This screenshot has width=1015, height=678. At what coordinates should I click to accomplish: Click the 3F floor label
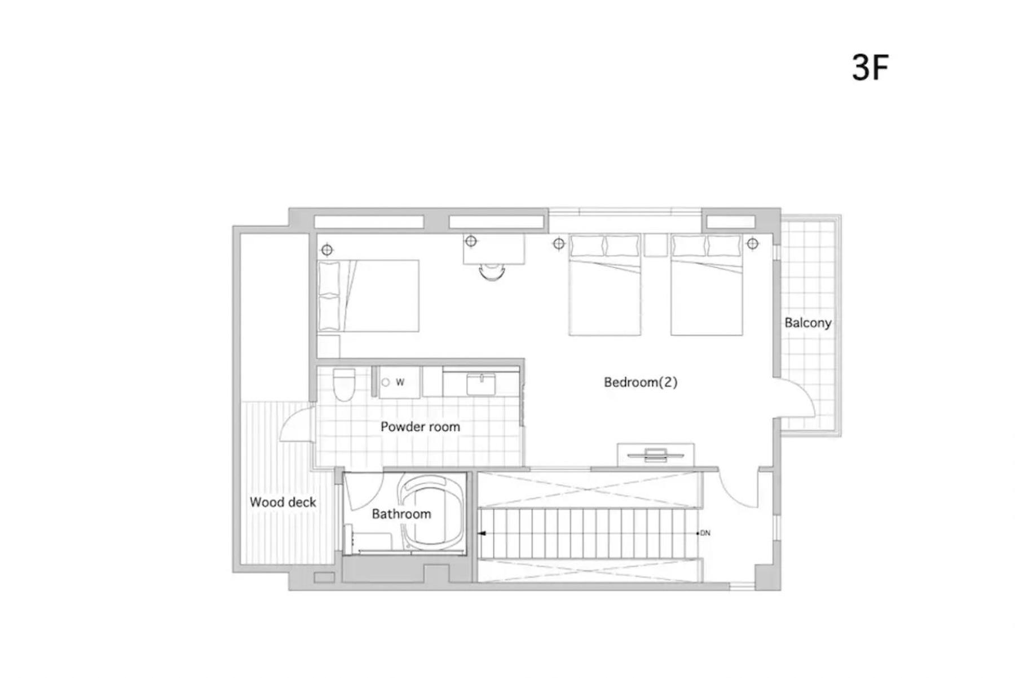tap(870, 68)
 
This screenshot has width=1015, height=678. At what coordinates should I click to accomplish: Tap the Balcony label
tap(807, 323)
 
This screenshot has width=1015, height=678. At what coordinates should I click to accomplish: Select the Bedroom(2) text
tap(640, 382)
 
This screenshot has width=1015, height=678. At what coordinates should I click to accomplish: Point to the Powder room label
tap(420, 427)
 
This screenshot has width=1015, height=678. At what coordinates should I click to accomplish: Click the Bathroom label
tap(401, 514)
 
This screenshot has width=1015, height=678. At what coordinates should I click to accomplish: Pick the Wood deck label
tap(283, 502)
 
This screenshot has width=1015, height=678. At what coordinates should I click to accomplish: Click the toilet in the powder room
tap(343, 384)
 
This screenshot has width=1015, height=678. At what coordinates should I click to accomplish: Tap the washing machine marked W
tap(399, 382)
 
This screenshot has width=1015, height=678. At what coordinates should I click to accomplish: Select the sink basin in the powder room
tap(481, 384)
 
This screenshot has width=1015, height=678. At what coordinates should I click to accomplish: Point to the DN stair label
tap(704, 533)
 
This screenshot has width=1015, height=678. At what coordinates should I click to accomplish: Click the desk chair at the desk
tap(492, 272)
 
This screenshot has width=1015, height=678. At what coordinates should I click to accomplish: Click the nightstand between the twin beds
tap(655, 246)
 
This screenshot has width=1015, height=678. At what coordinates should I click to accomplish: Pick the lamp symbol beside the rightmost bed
tap(752, 243)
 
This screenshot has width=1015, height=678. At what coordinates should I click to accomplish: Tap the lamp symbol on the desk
tap(471, 241)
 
